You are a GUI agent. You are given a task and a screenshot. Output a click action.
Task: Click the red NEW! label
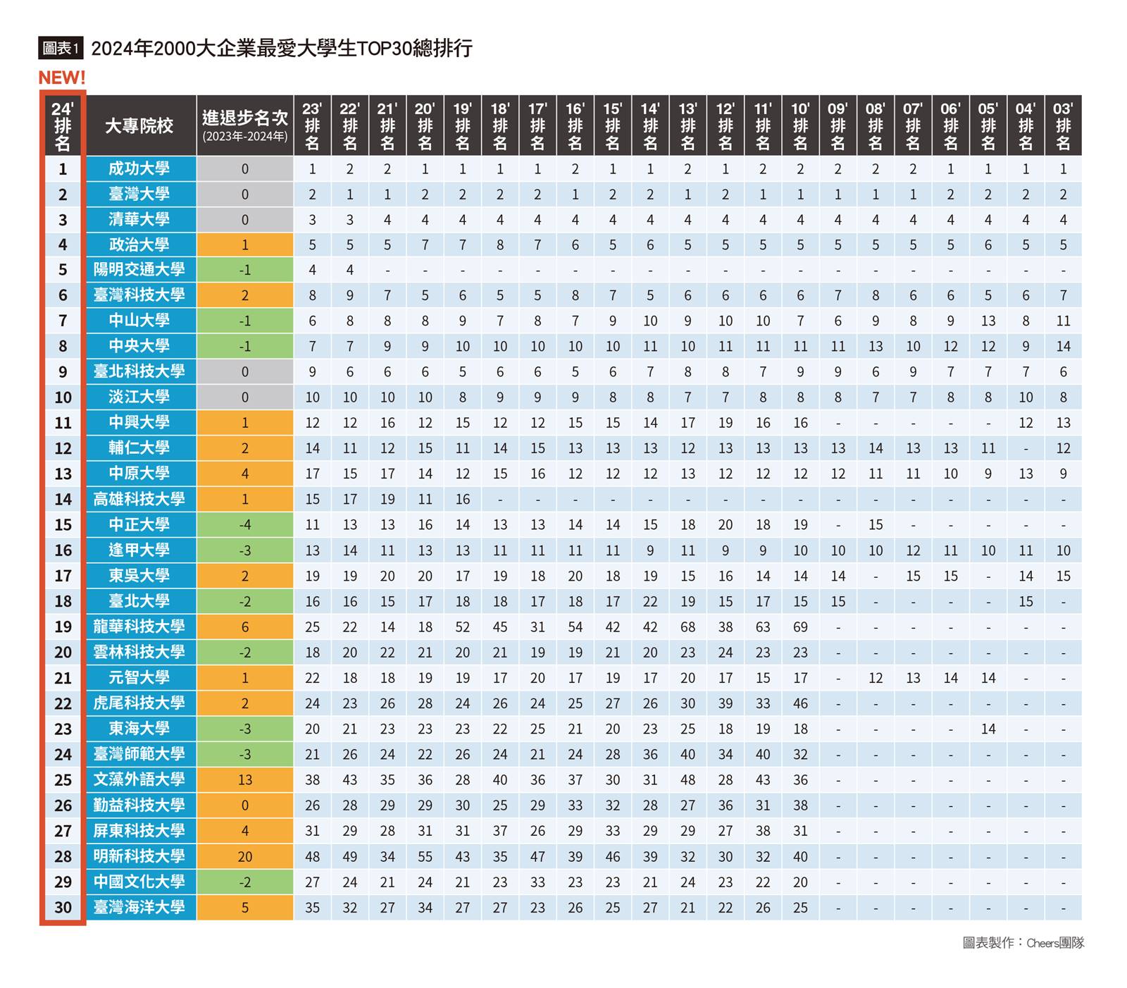pyautogui.click(x=61, y=78)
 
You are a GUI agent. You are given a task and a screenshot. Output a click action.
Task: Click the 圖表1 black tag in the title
pyautogui.click(x=61, y=48)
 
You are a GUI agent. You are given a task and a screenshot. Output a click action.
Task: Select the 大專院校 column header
pyautogui.click(x=139, y=125)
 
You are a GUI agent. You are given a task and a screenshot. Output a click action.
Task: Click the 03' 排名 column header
pyautogui.click(x=1063, y=125)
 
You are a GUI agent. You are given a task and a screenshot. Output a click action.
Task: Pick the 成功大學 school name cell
pyautogui.click(x=139, y=169)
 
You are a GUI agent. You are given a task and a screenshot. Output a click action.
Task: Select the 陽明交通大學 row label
pyautogui.click(x=139, y=270)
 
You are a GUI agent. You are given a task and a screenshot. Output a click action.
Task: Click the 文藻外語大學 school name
pyautogui.click(x=139, y=779)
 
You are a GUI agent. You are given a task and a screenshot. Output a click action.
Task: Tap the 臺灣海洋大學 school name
pyautogui.click(x=139, y=908)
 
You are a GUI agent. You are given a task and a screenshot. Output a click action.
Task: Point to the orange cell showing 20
pyautogui.click(x=245, y=857)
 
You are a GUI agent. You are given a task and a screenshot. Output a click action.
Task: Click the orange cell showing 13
pyautogui.click(x=245, y=779)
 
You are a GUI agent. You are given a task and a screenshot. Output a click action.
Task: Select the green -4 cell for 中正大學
pyautogui.click(x=245, y=525)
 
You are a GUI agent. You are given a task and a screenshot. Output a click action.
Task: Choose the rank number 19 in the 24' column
pyautogui.click(x=63, y=627)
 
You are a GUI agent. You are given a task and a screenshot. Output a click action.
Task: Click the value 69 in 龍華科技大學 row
pyautogui.click(x=800, y=627)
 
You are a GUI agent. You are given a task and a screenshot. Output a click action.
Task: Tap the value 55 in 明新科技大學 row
pyautogui.click(x=425, y=857)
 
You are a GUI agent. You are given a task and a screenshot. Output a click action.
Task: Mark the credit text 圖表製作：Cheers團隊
pyautogui.click(x=1023, y=943)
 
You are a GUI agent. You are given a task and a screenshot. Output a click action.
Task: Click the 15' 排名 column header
pyautogui.click(x=613, y=125)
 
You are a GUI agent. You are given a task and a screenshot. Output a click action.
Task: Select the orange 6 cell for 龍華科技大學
pyautogui.click(x=245, y=627)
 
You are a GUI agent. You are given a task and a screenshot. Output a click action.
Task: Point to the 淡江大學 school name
pyautogui.click(x=139, y=397)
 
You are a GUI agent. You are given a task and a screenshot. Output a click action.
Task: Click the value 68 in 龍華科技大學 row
pyautogui.click(x=687, y=627)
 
